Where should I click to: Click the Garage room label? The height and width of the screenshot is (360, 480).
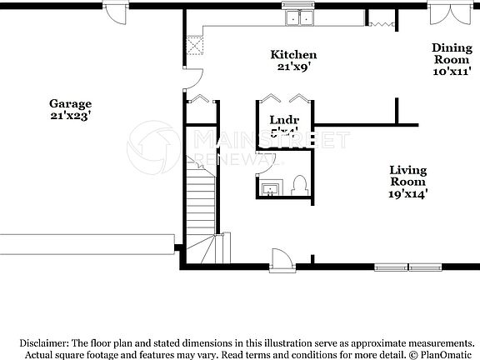tap(70, 105)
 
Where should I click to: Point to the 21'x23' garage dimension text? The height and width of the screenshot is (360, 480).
tap(70, 117)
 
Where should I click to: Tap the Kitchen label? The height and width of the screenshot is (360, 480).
tap(293, 55)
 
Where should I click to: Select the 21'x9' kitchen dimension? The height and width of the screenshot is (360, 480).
tap(293, 67)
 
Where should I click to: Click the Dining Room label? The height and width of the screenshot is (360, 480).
tap(452, 54)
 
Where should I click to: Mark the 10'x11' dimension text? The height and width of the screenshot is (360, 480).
tap(452, 72)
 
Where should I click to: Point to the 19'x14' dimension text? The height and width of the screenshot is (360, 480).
tap(408, 193)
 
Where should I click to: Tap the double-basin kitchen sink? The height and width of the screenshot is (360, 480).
tap(300, 17)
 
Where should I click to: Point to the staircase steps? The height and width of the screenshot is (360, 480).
tap(200, 204)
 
